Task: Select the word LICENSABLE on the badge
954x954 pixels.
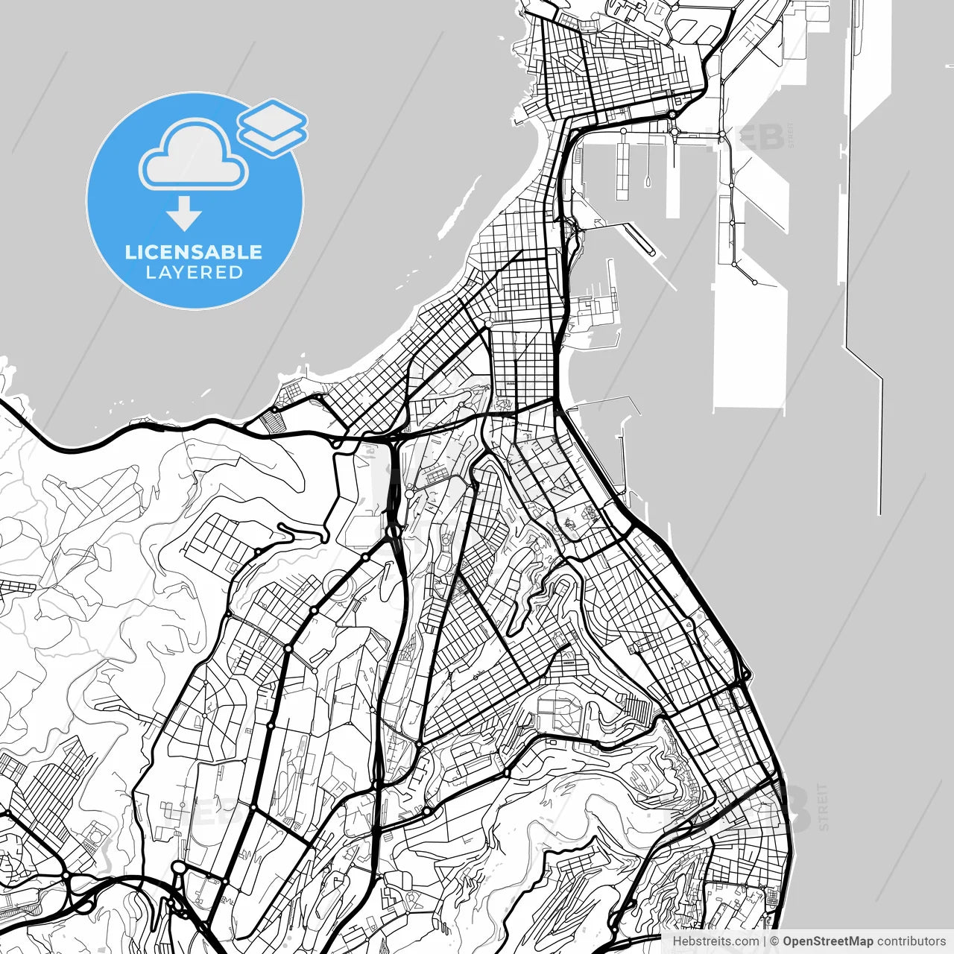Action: pyautogui.click(x=194, y=252)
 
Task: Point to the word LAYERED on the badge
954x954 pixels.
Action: pyautogui.click(x=195, y=273)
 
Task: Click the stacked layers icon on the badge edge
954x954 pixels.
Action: pyautogui.click(x=273, y=127)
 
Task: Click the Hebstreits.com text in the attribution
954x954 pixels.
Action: pyautogui.click(x=715, y=941)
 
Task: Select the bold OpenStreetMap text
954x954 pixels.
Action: pyautogui.click(x=828, y=941)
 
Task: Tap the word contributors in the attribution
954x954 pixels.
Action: pyautogui.click(x=911, y=941)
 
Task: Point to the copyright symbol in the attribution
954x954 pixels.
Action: pyautogui.click(x=775, y=941)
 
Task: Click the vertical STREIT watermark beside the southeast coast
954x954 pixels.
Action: pyautogui.click(x=823, y=807)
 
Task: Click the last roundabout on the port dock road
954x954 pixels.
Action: pyautogui.click(x=754, y=282)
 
